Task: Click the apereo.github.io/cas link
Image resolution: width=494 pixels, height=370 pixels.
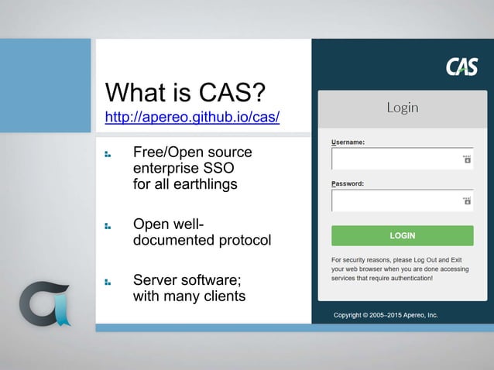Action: [x=192, y=119]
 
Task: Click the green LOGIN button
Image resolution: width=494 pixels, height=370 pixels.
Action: [x=402, y=235]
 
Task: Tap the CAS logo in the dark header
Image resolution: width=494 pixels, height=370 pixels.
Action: [x=461, y=67]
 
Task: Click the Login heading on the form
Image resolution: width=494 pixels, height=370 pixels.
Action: [x=402, y=108]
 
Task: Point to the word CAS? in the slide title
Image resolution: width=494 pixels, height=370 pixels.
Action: [x=228, y=94]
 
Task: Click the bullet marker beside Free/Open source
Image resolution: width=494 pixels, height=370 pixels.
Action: [x=108, y=154]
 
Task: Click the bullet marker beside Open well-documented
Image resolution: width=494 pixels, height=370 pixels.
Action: [x=108, y=226]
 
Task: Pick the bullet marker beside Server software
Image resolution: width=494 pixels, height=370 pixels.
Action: [x=108, y=282]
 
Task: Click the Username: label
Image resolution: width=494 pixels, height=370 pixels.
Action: [x=348, y=142]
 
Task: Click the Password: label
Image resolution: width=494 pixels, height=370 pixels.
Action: [x=348, y=184]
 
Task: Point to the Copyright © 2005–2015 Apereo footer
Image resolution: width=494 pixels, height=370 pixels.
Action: [x=386, y=315]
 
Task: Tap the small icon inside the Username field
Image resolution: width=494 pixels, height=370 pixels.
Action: [x=466, y=159]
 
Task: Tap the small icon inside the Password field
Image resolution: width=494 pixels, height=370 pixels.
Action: [x=466, y=201]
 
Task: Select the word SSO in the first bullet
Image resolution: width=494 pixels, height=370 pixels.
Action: [x=219, y=168]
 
